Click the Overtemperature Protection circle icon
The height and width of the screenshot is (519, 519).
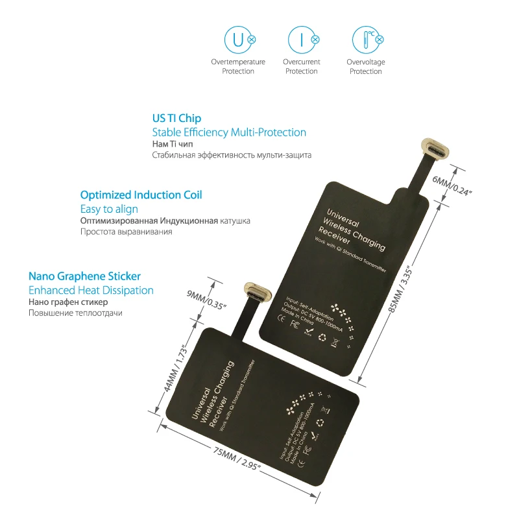pyautogui.click(x=238, y=40)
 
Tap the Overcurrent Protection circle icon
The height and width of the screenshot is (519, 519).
pyautogui.click(x=302, y=40)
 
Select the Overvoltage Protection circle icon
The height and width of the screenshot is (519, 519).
pyautogui.click(x=365, y=40)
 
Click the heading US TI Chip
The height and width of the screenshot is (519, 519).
pyautogui.click(x=176, y=119)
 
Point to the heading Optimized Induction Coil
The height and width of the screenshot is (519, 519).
pyautogui.click(x=141, y=195)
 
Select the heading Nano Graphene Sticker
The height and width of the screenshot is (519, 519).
pyautogui.click(x=84, y=276)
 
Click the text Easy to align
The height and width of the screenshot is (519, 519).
pyautogui.click(x=109, y=209)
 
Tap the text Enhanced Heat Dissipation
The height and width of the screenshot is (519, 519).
pyautogui.click(x=91, y=290)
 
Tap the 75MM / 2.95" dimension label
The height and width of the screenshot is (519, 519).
pyautogui.click(x=221, y=458)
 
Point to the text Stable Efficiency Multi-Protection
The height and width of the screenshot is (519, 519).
pyautogui.click(x=229, y=132)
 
